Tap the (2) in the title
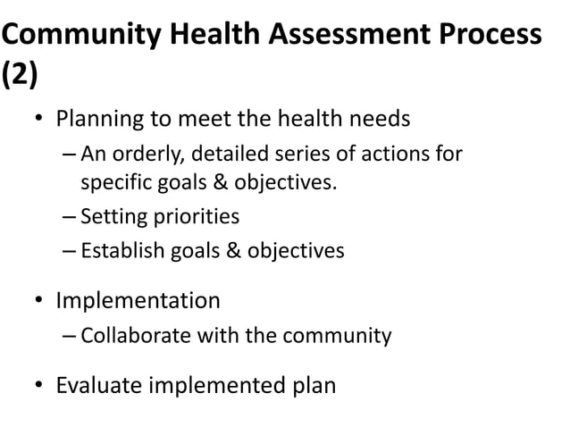click(x=20, y=77)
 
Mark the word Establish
click(x=121, y=250)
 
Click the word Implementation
click(x=138, y=301)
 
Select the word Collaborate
click(x=130, y=336)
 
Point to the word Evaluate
click(x=97, y=387)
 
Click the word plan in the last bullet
click(x=314, y=387)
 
